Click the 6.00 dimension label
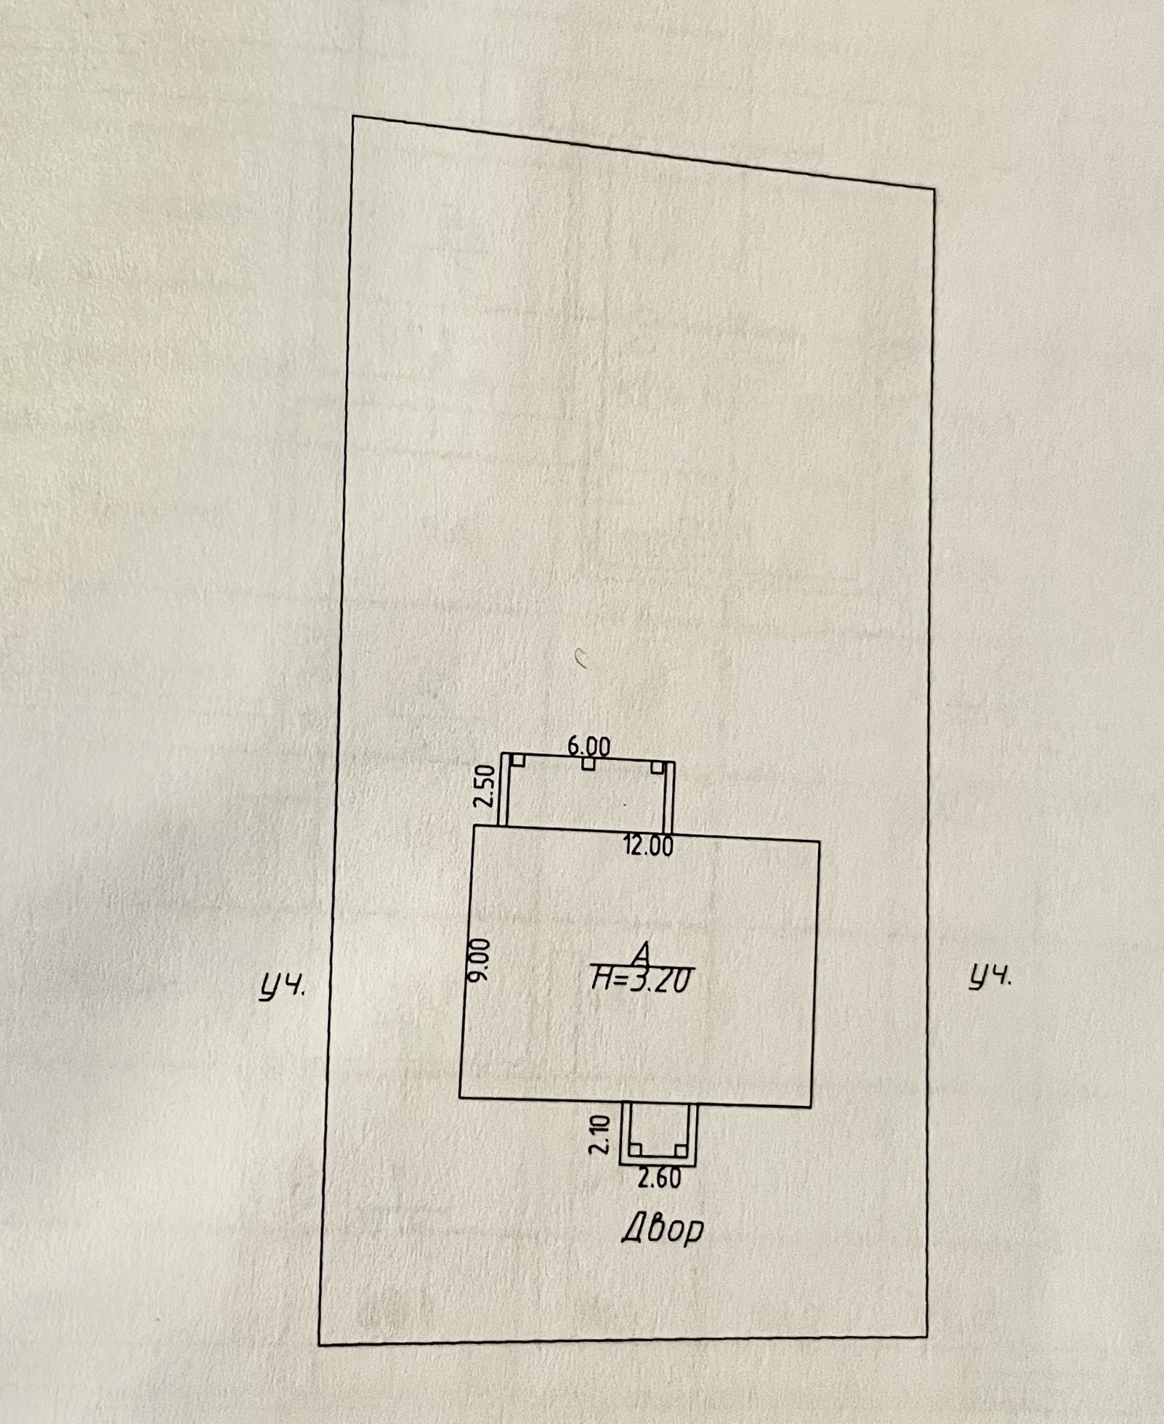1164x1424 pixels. click(x=589, y=746)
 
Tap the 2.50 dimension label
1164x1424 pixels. click(x=484, y=785)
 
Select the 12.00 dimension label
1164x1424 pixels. click(x=648, y=846)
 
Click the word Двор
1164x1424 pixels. click(x=663, y=1230)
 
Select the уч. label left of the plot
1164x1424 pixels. click(x=283, y=988)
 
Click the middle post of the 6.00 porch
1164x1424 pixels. click(x=589, y=764)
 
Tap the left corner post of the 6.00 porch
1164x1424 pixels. click(x=518, y=759)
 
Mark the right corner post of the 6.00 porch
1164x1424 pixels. click(x=657, y=767)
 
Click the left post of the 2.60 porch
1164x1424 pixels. click(x=636, y=1149)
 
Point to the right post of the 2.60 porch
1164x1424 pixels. click(x=680, y=1150)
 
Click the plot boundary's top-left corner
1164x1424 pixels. click(x=353, y=116)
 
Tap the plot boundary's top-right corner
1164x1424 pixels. click(x=934, y=190)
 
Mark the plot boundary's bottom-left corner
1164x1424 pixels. click(x=320, y=1345)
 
